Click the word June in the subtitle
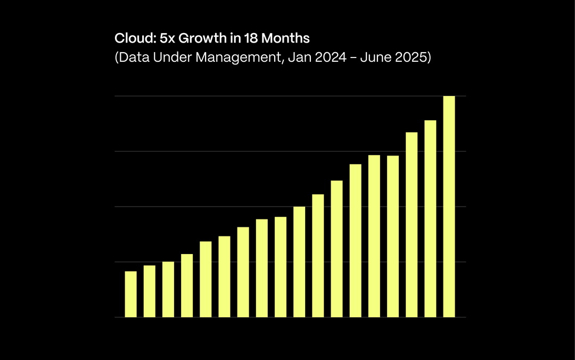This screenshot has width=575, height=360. [375, 58]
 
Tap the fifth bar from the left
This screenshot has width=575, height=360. [206, 279]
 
